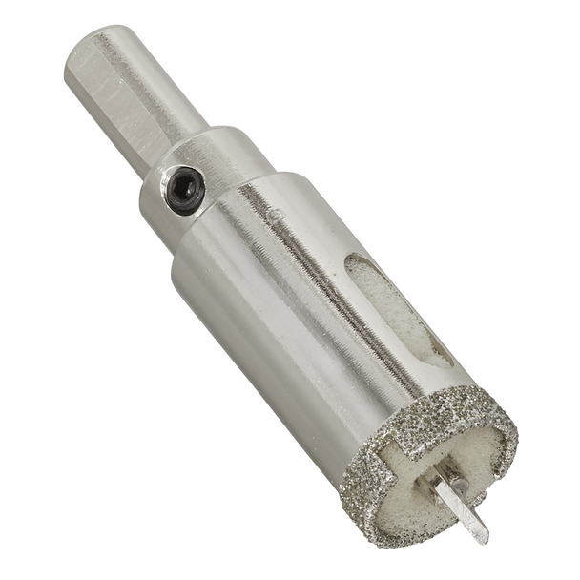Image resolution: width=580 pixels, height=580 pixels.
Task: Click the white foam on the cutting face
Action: (x=401, y=496)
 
